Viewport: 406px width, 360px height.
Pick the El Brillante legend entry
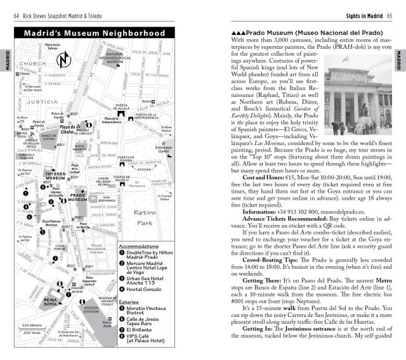(x=146, y=328)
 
